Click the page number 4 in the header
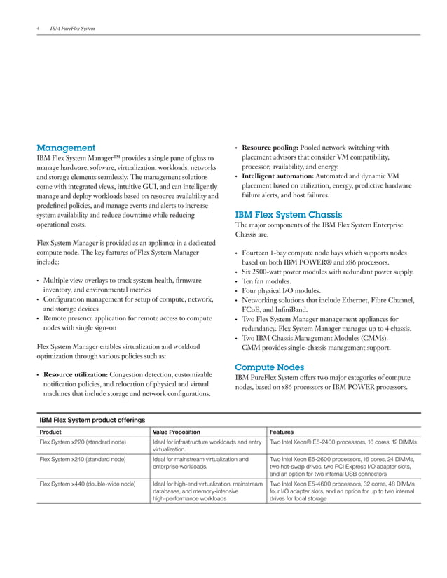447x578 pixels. tap(38, 29)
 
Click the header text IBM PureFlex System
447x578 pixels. tap(73, 29)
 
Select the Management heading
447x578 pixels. tap(66, 148)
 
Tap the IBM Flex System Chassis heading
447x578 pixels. tap(288, 215)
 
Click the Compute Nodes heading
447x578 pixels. tap(269, 367)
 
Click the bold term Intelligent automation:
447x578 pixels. tap(280, 175)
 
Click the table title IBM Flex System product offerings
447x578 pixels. tap(92, 420)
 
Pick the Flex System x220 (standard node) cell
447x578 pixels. tap(83, 443)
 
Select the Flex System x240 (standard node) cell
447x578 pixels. tap(83, 460)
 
